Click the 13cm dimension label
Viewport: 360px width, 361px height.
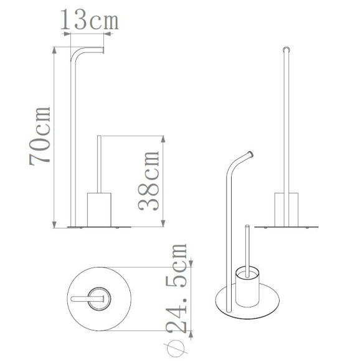[x=89, y=20]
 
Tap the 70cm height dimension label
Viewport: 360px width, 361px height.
[x=40, y=136]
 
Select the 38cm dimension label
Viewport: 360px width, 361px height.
[x=149, y=180]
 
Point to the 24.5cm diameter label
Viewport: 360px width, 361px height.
[x=176, y=288]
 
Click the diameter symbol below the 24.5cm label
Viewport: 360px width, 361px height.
[x=176, y=349]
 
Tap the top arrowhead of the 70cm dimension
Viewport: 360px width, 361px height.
[x=54, y=50]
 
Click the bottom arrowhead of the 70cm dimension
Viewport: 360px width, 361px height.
[x=54, y=225]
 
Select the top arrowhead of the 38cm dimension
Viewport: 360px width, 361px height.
[x=163, y=139]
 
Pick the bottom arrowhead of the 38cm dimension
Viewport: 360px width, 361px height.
[x=163, y=223]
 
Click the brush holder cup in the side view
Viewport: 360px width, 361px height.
[x=99, y=210]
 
